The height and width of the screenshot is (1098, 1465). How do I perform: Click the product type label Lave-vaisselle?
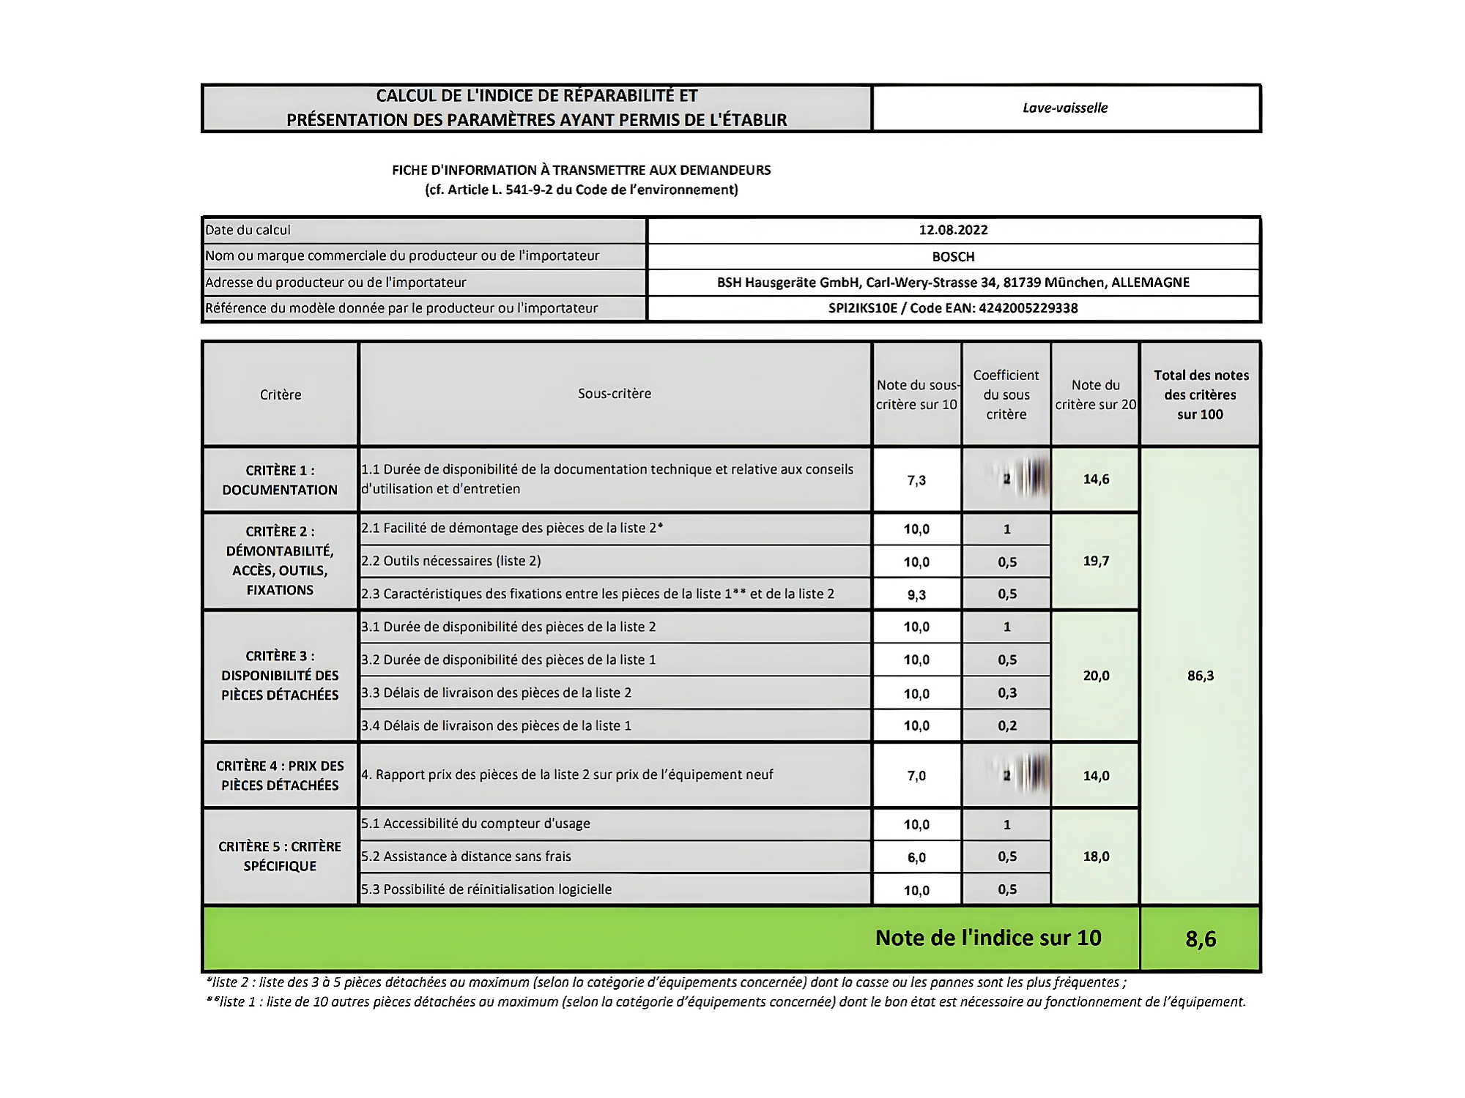tap(1065, 108)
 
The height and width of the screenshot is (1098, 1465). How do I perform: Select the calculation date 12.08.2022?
tap(953, 230)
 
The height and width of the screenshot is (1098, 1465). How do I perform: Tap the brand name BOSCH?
tap(953, 257)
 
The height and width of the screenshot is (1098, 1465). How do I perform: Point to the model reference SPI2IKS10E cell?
tap(953, 308)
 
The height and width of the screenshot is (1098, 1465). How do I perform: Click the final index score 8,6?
tap(1201, 939)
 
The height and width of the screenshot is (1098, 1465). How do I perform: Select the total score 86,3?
tap(1201, 676)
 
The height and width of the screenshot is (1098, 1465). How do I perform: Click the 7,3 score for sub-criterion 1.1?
tap(916, 480)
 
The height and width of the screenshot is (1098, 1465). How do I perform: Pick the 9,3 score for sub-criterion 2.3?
tap(916, 594)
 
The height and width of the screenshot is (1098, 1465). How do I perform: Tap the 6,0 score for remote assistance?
tap(916, 857)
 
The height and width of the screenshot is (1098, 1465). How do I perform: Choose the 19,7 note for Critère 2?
tap(1096, 561)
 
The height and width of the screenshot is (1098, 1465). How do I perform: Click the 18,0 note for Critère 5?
tap(1096, 856)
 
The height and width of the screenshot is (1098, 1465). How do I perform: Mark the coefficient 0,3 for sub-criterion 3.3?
tap(1007, 693)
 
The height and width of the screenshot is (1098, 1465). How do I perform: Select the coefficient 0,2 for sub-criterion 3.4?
tap(1007, 726)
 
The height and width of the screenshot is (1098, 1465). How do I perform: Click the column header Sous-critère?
tap(615, 394)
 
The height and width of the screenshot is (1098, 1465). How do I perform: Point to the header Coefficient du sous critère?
tap(1006, 395)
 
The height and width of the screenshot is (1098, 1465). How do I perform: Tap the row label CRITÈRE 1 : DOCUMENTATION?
tap(280, 480)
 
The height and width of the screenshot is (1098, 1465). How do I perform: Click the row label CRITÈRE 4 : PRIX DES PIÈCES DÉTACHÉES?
tap(280, 776)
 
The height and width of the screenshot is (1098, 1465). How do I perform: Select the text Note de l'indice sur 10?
tap(988, 938)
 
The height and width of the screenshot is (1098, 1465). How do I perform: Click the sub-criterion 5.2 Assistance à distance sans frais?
tap(477, 856)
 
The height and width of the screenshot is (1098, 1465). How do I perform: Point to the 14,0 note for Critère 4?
tap(1096, 776)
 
